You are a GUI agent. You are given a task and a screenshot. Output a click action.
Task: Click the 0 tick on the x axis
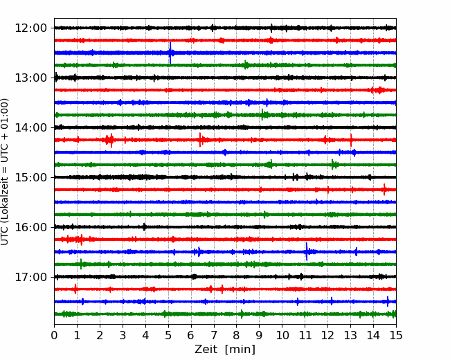click(x=55, y=336)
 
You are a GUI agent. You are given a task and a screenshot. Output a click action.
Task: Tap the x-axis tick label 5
click(x=168, y=336)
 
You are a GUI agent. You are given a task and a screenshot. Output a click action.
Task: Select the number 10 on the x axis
click(x=282, y=336)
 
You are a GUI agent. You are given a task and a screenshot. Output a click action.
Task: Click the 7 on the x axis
click(x=214, y=336)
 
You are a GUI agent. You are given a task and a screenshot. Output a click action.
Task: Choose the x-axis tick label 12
click(x=327, y=336)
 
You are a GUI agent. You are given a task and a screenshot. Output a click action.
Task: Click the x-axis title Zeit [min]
click(x=225, y=350)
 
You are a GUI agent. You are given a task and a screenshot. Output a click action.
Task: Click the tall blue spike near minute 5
click(x=170, y=53)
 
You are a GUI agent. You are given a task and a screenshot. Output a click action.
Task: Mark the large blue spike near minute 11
click(x=307, y=251)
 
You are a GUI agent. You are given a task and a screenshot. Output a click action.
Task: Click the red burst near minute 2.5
click(x=109, y=140)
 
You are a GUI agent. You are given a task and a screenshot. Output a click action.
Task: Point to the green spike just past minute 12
click(x=333, y=164)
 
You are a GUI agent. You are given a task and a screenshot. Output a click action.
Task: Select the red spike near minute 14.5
click(x=384, y=189)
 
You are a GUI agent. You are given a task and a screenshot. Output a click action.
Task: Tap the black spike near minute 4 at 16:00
click(x=144, y=226)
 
